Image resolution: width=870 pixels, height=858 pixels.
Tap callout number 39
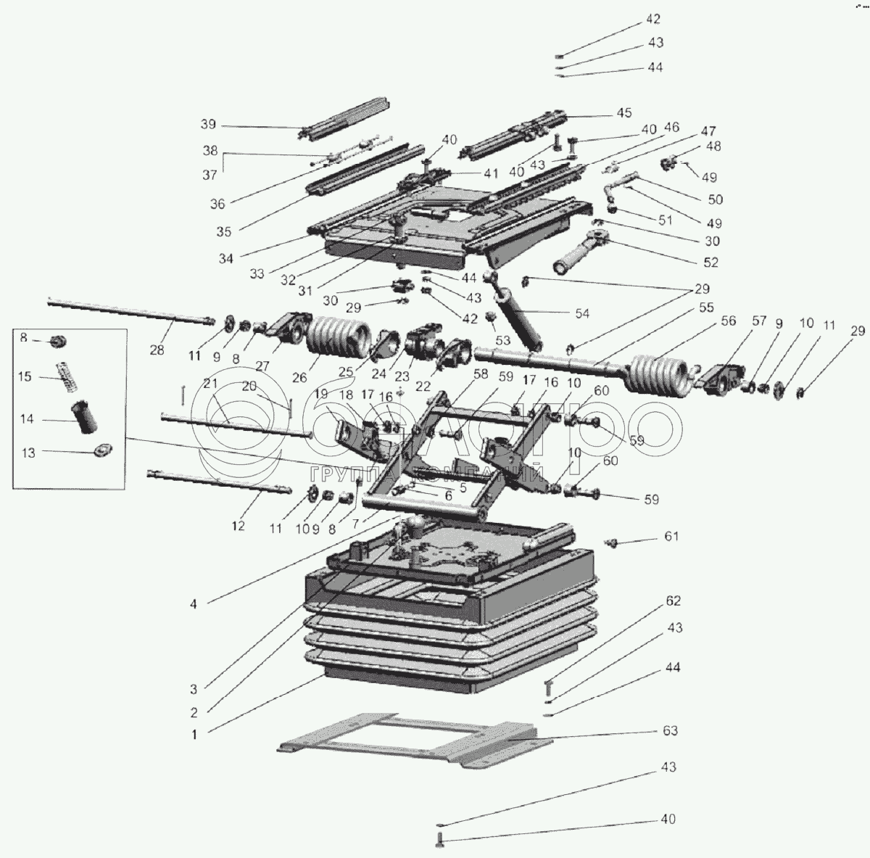[208, 124]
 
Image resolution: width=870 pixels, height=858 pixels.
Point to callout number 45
[624, 113]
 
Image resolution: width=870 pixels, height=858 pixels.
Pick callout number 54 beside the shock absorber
[582, 313]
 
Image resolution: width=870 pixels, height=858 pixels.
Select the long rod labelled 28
[131, 311]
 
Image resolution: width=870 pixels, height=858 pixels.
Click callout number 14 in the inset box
[27, 419]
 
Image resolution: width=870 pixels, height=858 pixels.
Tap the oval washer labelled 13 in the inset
[104, 450]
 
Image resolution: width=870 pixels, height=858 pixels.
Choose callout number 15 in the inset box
[25, 376]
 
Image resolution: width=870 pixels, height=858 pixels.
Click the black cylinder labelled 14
[84, 416]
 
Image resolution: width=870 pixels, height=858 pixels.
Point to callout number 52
[710, 263]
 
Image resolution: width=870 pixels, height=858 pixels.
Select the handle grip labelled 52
[581, 252]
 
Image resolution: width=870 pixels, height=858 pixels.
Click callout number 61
[671, 536]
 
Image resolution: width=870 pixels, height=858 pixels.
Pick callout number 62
[673, 601]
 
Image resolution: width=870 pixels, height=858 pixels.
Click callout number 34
[226, 258]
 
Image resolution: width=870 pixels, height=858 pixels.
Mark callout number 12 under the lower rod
[238, 526]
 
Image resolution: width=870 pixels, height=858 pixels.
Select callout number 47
[708, 131]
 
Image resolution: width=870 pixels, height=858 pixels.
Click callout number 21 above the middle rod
[210, 384]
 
